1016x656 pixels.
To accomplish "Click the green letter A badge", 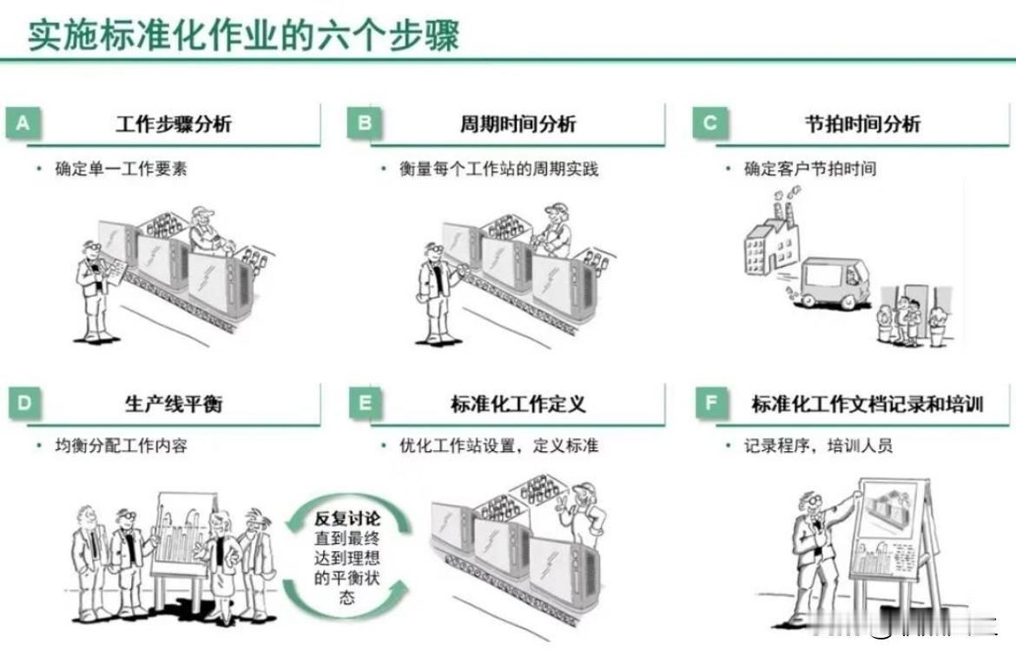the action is click(23, 124).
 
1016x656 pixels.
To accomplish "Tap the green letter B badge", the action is click(365, 124).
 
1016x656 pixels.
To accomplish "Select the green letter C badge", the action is click(709, 124).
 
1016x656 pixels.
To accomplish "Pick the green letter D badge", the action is click(23, 403).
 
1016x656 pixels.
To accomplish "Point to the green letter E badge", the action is click(365, 403).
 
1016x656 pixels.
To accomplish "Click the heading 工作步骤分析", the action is click(174, 124).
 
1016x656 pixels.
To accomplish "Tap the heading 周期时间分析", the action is click(518, 124).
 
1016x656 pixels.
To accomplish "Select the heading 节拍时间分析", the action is click(862, 124).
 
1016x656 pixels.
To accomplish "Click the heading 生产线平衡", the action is click(174, 403).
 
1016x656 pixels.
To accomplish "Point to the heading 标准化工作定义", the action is click(518, 403).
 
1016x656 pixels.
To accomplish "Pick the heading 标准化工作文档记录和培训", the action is click(867, 403).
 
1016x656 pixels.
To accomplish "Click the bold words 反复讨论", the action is click(347, 521).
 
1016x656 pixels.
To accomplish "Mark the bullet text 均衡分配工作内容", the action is click(121, 447).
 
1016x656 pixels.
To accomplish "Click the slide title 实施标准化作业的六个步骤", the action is click(243, 36).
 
